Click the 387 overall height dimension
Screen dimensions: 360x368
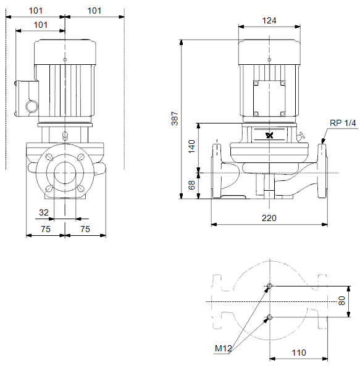coord(175,119)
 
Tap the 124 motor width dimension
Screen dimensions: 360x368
coord(269,20)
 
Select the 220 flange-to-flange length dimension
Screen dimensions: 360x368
coord(269,218)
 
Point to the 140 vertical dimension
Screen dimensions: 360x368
coord(192,146)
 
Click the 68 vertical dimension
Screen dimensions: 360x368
coord(192,185)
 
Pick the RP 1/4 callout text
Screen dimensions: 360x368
coord(343,123)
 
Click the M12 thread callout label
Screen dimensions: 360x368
coord(223,348)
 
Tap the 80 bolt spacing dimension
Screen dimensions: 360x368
coord(342,301)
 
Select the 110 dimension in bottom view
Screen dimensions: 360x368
coord(299,353)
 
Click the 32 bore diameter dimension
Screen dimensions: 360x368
coord(44,212)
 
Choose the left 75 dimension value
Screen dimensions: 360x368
coord(46,229)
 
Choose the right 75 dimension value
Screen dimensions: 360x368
coord(85,229)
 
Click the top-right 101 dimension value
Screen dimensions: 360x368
coord(94,10)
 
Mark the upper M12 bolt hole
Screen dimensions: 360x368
coord(270,286)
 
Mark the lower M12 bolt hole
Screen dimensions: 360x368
coord(270,317)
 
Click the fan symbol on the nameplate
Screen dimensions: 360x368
coord(270,135)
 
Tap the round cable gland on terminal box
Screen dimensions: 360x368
coord(31,107)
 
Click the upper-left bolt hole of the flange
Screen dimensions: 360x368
coord(49,157)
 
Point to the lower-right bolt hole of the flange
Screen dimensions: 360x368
coord(80,188)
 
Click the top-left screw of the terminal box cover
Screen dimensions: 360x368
coord(256,83)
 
